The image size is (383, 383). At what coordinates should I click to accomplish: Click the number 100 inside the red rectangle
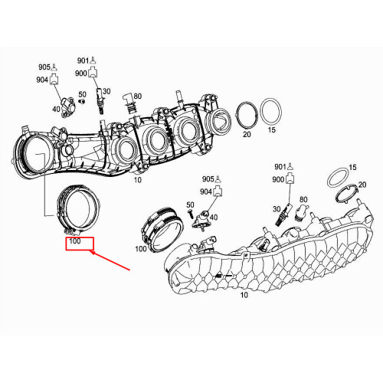click(x=75, y=241)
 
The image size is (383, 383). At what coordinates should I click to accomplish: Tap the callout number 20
click(x=246, y=134)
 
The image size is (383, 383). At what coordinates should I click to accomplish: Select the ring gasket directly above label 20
click(x=246, y=116)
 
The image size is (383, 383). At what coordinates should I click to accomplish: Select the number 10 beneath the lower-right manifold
click(x=245, y=295)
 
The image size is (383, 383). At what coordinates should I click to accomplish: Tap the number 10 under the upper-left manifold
click(x=137, y=180)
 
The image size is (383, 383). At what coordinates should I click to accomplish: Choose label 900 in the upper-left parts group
click(x=81, y=73)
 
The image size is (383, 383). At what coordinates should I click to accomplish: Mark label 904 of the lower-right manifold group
click(x=206, y=190)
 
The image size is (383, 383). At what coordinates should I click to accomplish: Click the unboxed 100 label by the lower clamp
click(x=141, y=248)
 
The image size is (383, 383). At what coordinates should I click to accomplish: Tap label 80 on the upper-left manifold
click(x=138, y=96)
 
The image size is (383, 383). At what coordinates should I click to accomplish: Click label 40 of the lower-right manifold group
click(x=213, y=218)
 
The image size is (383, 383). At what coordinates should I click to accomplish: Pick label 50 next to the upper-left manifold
click(x=82, y=96)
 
